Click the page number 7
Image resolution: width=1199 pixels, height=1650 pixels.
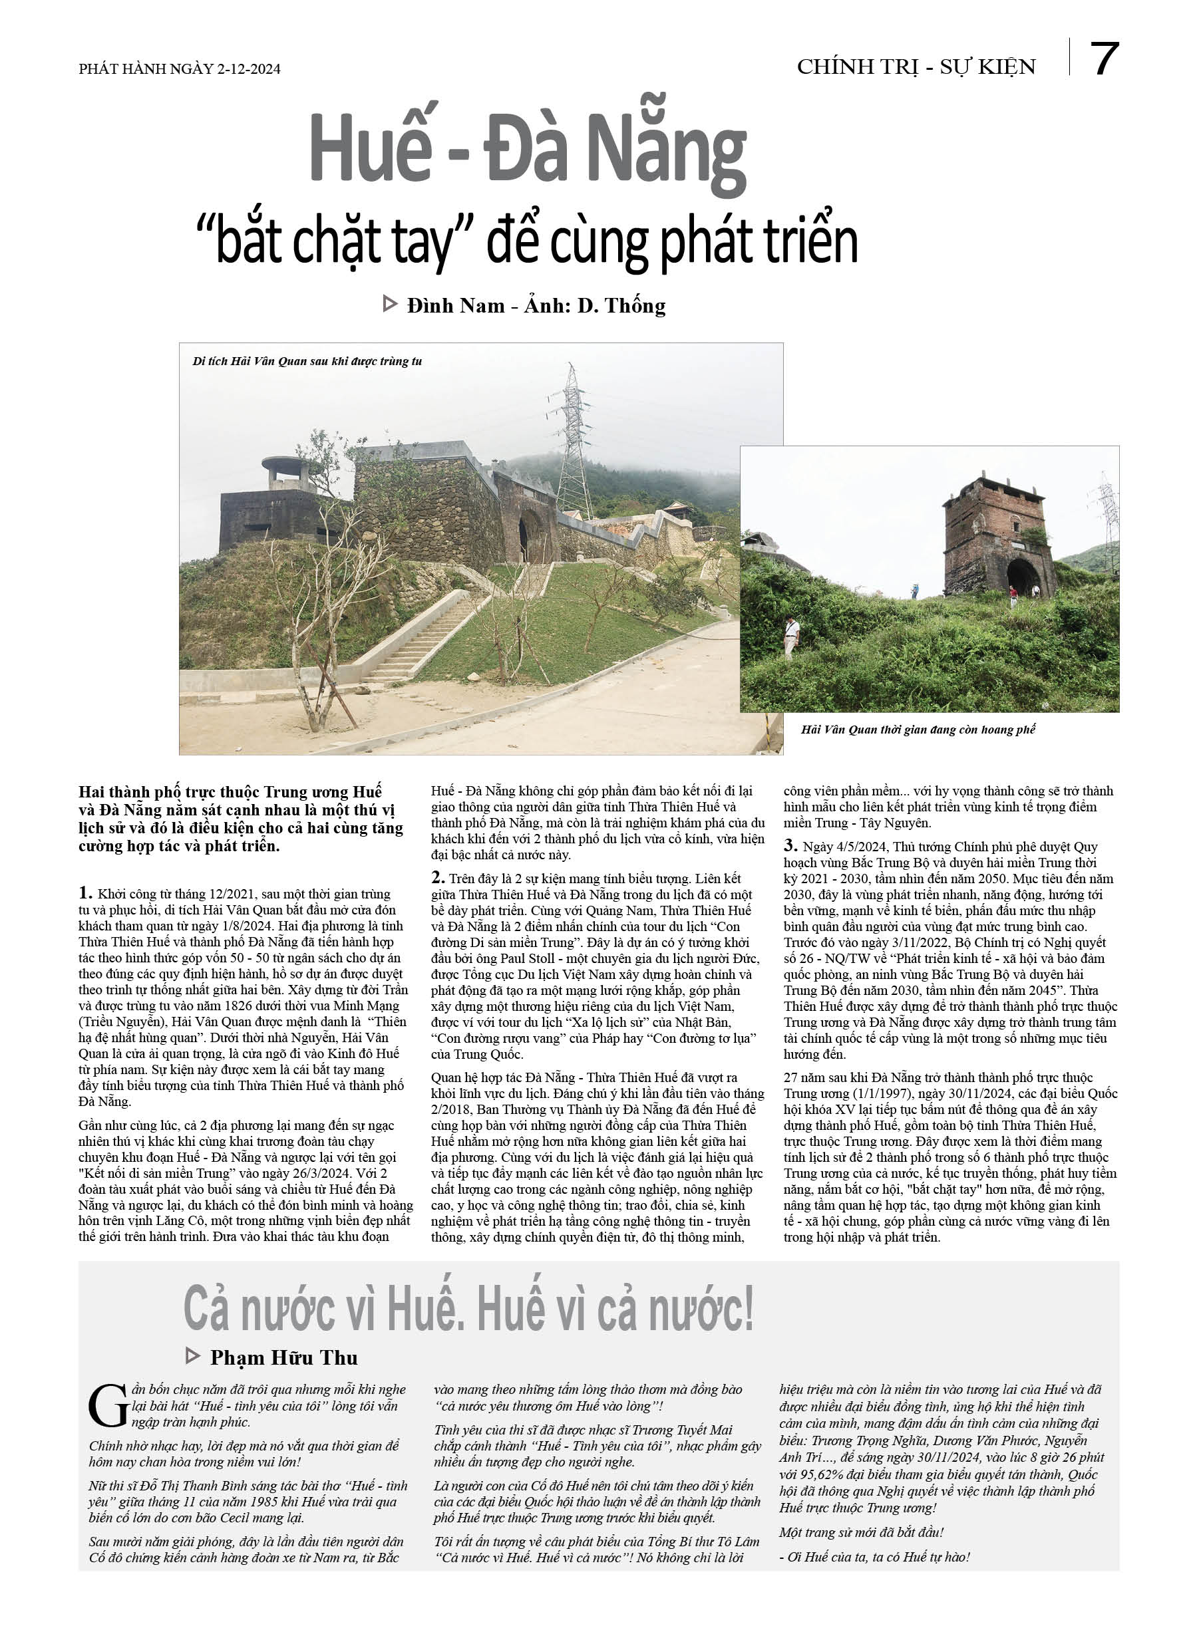1104,60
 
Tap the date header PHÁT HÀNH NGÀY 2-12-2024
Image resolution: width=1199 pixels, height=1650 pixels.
179,69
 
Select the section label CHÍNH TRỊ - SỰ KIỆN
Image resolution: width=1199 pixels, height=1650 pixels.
916,67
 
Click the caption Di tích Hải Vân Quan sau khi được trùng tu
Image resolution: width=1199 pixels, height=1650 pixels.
307,362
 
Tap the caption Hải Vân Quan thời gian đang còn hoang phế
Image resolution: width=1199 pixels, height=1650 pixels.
918,730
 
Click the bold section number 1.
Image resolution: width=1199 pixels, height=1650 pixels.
85,893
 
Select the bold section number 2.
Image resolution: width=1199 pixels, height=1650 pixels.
438,877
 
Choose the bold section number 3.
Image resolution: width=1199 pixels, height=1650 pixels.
790,845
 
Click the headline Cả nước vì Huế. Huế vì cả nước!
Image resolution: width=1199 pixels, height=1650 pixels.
468,1308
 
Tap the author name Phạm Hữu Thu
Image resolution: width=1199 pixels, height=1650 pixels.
284,1358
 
